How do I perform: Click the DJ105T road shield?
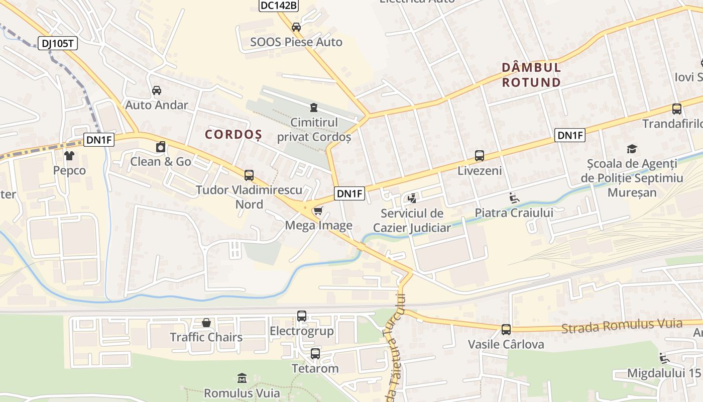click(x=57, y=43)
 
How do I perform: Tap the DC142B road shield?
click(x=279, y=6)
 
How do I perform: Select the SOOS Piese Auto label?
click(x=296, y=42)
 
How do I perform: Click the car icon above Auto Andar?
click(x=157, y=90)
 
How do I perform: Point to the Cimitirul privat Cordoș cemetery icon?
click(x=314, y=107)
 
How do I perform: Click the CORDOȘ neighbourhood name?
click(x=233, y=135)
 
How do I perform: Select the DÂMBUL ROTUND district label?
click(x=531, y=74)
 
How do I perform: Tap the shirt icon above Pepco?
click(x=69, y=156)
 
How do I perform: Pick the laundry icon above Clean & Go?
click(x=161, y=147)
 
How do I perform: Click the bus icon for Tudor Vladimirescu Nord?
click(x=249, y=175)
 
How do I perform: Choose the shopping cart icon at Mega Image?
click(x=318, y=211)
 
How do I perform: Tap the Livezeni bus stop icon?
click(x=480, y=156)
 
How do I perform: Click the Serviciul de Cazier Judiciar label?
click(x=412, y=221)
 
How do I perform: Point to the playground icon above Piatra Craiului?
click(x=514, y=198)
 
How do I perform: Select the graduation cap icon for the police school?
click(x=632, y=149)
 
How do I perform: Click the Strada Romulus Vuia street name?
click(x=622, y=326)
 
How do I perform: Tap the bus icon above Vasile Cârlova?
click(x=506, y=330)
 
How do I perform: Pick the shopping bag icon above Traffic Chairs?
click(x=206, y=322)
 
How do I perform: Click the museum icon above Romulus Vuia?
click(x=242, y=378)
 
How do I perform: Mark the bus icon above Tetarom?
click(x=315, y=353)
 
